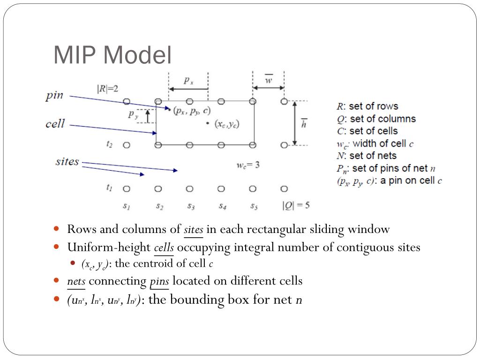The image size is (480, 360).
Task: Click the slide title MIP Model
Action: (x=112, y=55)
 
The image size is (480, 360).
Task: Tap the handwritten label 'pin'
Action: (x=54, y=96)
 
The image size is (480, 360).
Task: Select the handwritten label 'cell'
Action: (x=55, y=124)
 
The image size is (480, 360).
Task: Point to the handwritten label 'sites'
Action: (x=67, y=162)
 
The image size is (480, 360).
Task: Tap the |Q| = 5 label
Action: (x=295, y=205)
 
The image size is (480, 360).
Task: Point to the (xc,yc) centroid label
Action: (x=227, y=124)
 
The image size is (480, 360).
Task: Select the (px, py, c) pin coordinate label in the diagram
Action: (x=192, y=111)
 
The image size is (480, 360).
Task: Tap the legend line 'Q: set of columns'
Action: (x=376, y=119)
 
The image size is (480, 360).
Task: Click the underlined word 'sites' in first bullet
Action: (x=193, y=230)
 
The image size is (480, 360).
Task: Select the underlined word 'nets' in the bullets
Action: (x=76, y=281)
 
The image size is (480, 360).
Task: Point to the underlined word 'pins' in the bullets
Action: (x=159, y=281)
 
